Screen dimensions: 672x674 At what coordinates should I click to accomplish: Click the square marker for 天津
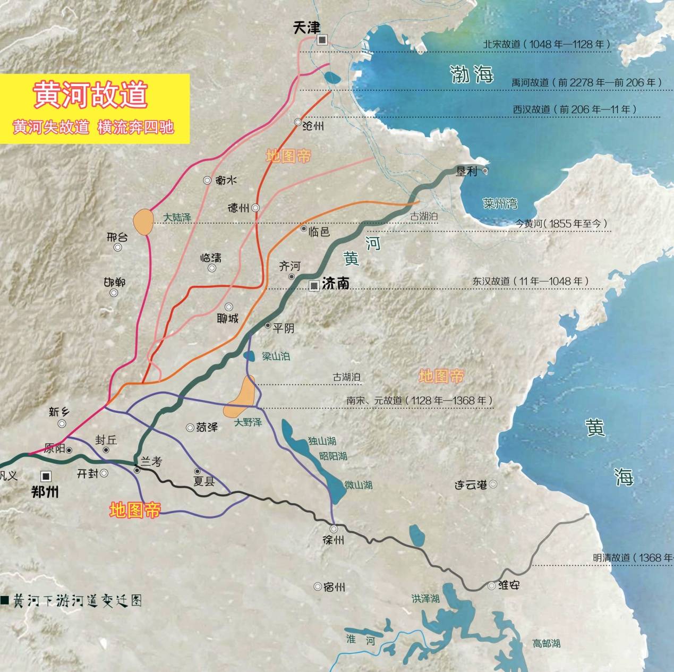coord(322,40)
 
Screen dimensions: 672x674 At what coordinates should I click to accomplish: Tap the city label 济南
coord(336,284)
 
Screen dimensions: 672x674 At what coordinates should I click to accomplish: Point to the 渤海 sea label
coord(471,74)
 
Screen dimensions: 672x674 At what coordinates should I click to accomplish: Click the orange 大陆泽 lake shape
coord(143,222)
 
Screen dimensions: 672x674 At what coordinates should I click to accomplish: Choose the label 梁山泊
coord(276,356)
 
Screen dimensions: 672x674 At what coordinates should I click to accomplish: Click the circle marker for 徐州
coord(334,529)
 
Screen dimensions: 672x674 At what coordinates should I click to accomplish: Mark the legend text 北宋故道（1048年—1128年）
coord(547,45)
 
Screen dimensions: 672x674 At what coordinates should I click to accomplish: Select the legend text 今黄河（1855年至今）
coord(561,224)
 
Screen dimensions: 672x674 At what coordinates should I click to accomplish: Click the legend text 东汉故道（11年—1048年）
coord(531,282)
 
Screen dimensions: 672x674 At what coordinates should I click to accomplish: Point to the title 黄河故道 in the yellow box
coord(90,95)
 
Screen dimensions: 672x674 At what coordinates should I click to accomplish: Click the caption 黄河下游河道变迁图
coord(78,601)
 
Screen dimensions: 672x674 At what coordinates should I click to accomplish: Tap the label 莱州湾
coord(500,203)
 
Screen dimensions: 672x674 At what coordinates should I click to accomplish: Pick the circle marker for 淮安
coord(492,586)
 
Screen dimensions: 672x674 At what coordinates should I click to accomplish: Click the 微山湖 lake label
coord(358,485)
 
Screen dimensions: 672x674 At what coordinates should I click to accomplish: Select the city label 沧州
coord(312,126)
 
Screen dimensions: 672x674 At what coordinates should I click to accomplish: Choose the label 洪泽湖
coord(425,599)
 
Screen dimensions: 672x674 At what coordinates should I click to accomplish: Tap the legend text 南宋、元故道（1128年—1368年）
coord(420,401)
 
